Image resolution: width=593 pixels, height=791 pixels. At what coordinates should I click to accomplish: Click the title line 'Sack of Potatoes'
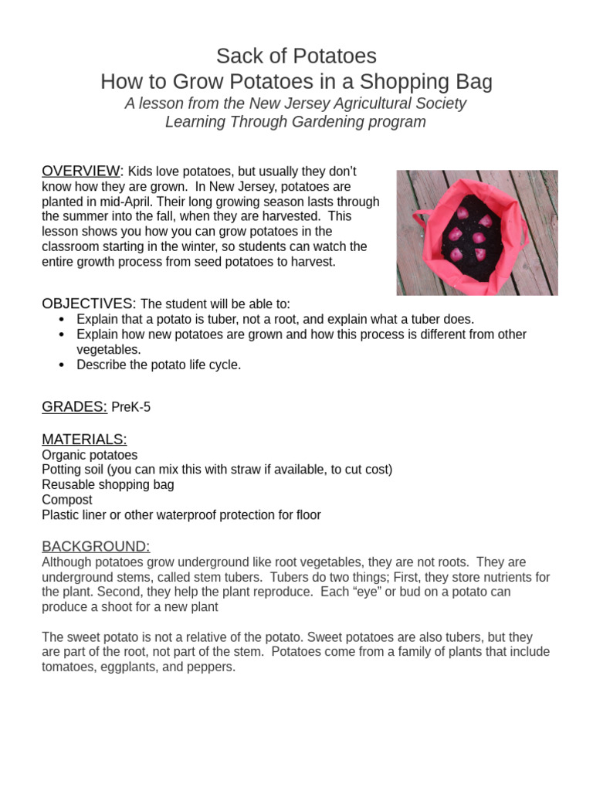pyautogui.click(x=296, y=56)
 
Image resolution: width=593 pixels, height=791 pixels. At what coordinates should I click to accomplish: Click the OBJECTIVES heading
pyautogui.click(x=89, y=303)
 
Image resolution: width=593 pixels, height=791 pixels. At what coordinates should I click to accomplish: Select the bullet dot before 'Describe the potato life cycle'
pyautogui.click(x=63, y=365)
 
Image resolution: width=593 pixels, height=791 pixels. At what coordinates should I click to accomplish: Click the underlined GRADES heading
pyautogui.click(x=74, y=407)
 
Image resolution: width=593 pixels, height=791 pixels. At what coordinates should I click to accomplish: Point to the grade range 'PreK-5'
pyautogui.click(x=131, y=408)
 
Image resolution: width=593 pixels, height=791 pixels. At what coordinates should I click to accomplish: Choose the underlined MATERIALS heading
pyautogui.click(x=84, y=439)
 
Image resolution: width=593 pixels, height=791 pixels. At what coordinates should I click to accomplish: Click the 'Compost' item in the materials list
pyautogui.click(x=67, y=500)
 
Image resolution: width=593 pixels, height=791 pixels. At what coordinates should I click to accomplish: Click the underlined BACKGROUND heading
pyautogui.click(x=96, y=546)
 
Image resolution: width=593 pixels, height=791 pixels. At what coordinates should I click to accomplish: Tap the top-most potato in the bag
pyautogui.click(x=463, y=212)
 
